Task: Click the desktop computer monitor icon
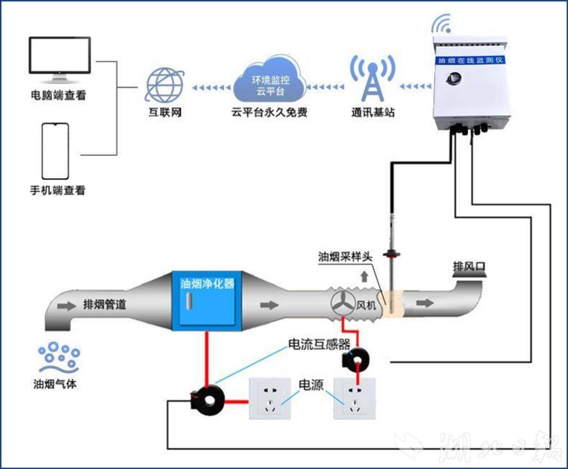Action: click(60, 57)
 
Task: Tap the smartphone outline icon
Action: click(55, 151)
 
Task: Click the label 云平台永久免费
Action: click(269, 113)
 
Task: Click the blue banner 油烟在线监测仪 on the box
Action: click(471, 60)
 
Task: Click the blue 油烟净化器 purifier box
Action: click(207, 298)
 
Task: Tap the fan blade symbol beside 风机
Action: click(343, 304)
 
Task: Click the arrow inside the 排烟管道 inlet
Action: click(67, 306)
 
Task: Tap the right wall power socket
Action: click(355, 398)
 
